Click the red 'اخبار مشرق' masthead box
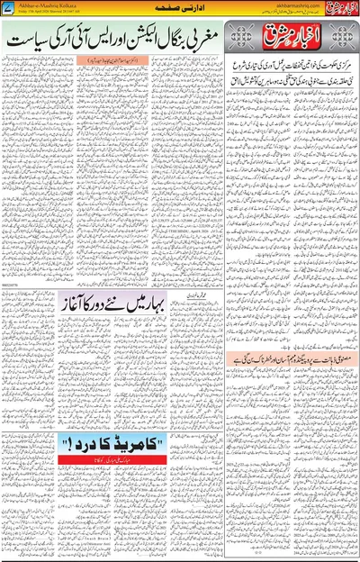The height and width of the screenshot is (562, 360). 292,38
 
